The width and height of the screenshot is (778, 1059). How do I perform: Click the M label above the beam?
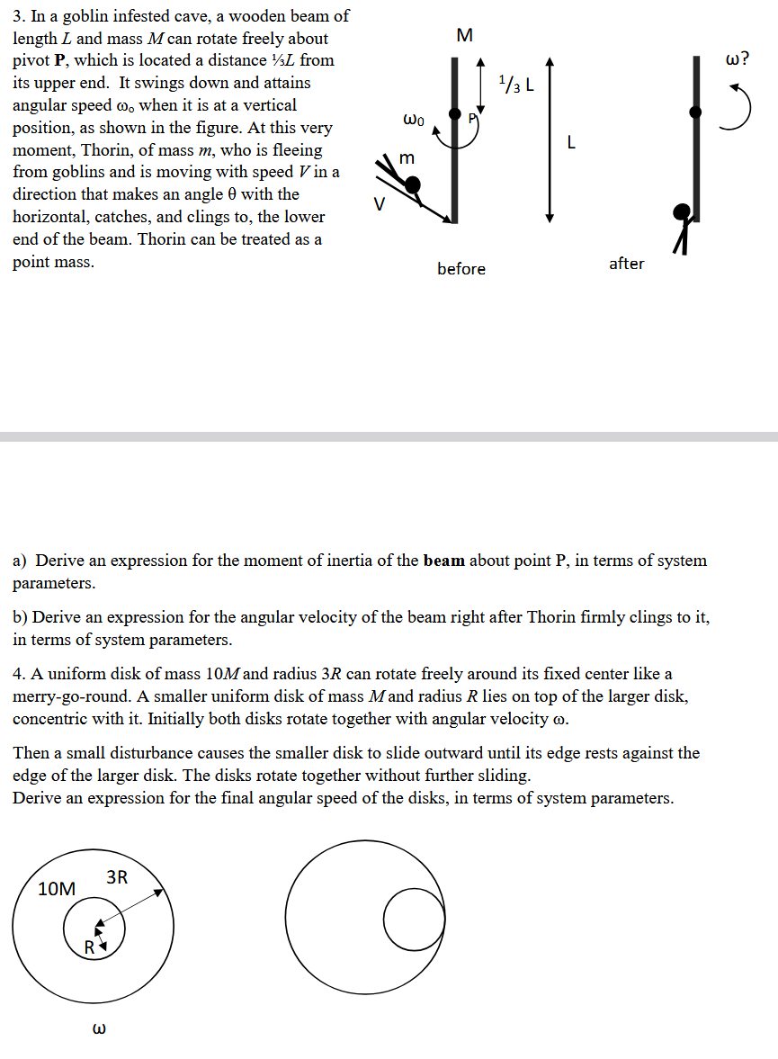(x=463, y=35)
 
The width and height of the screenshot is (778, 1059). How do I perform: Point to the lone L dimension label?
(x=571, y=142)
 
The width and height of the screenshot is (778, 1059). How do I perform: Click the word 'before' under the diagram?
(x=461, y=269)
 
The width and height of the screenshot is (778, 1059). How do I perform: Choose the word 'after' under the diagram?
(x=626, y=264)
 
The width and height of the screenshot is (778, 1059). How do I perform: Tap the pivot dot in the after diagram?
(x=696, y=112)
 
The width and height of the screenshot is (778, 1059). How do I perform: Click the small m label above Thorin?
(x=407, y=158)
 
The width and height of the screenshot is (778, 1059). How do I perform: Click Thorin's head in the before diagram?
(x=412, y=185)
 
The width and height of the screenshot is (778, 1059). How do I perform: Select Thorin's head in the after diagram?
(x=684, y=212)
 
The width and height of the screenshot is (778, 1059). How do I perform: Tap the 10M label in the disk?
(x=57, y=889)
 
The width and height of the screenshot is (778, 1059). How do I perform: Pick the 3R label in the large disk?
(x=117, y=876)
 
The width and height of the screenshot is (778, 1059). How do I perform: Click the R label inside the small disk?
(x=89, y=947)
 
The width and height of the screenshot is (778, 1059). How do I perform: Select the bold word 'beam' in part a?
(x=443, y=561)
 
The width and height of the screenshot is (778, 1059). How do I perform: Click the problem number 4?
(x=18, y=674)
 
